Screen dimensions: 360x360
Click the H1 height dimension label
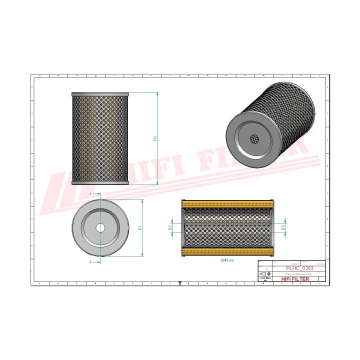pyautogui.click(x=155, y=138)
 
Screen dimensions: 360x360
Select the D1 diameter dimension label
pyautogui.click(x=140, y=227)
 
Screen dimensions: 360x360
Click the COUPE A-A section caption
pyautogui.click(x=227, y=261)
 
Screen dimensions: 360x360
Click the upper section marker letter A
pyautogui.click(x=90, y=193)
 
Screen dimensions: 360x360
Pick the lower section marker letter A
pyautogui.click(x=90, y=261)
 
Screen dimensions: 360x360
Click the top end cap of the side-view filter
pyautogui.click(x=100, y=94)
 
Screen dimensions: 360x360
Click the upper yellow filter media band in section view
pyautogui.click(x=227, y=204)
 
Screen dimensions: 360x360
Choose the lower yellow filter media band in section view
pyautogui.click(x=227, y=250)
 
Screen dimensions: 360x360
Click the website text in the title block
pyautogui.click(x=299, y=274)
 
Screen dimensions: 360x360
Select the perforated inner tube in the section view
pyautogui.click(x=227, y=227)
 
